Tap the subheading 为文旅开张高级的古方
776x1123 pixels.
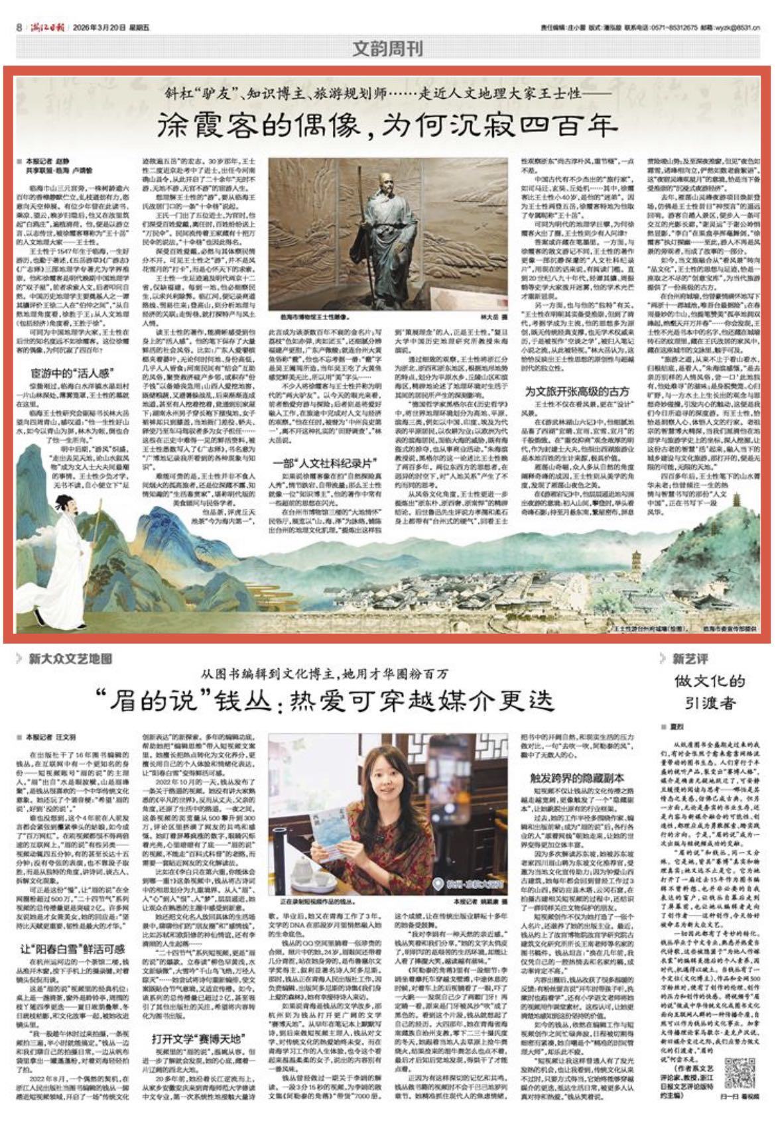(577, 390)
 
